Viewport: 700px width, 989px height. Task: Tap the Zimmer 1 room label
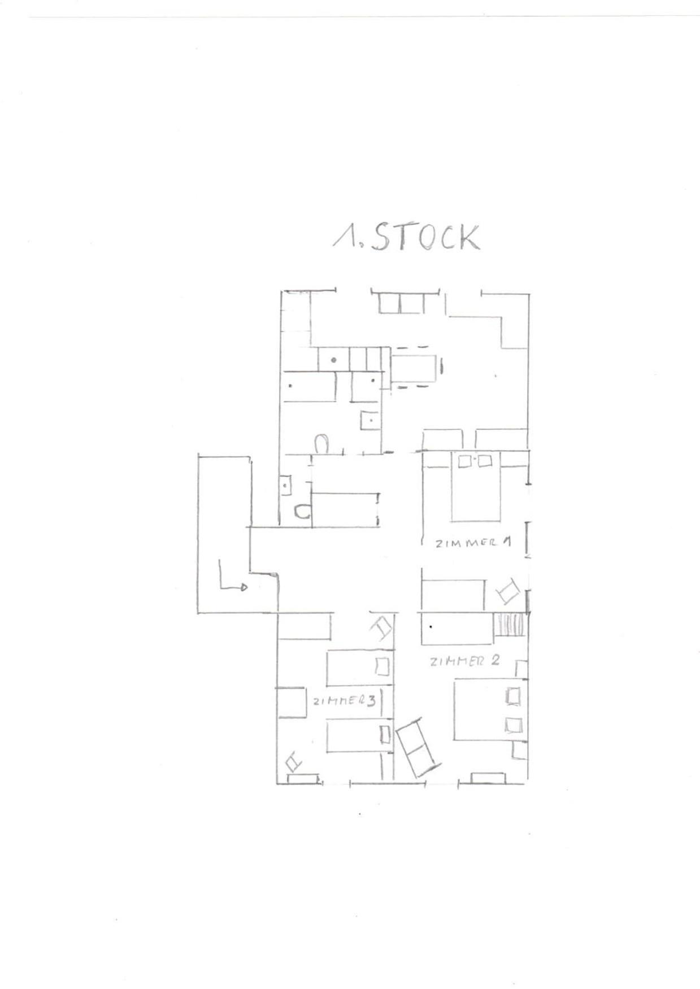point(473,543)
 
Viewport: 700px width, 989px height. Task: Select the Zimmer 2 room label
point(464,660)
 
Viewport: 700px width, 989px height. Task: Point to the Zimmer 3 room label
point(344,701)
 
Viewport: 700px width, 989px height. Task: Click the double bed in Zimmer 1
point(476,487)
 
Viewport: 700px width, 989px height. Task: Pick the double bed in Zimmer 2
point(490,709)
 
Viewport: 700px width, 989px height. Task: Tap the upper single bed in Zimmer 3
point(359,668)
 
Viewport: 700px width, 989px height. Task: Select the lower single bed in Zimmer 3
point(359,735)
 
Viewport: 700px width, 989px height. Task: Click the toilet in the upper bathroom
point(321,443)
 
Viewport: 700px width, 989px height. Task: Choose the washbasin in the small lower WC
point(286,485)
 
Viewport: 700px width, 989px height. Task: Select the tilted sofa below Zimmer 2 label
point(419,747)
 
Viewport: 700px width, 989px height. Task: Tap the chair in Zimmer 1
point(508,591)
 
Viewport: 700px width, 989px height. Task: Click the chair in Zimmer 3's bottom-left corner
point(294,762)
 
